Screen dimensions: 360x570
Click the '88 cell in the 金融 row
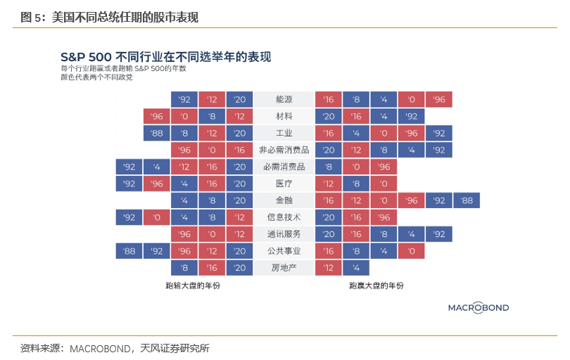(x=467, y=200)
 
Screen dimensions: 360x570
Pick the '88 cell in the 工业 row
(x=157, y=133)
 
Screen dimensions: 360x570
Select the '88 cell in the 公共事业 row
(x=129, y=251)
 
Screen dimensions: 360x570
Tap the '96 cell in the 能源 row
(x=438, y=100)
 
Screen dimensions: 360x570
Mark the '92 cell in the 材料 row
(x=411, y=117)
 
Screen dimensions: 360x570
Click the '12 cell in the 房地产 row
(x=329, y=268)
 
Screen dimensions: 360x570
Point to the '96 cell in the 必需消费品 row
(x=384, y=167)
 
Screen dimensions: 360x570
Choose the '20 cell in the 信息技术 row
(x=329, y=217)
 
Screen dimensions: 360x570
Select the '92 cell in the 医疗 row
(x=129, y=184)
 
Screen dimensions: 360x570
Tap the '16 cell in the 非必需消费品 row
(x=239, y=150)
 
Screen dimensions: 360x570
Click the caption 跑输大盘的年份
(x=198, y=286)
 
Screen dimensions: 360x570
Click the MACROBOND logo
(x=479, y=308)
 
